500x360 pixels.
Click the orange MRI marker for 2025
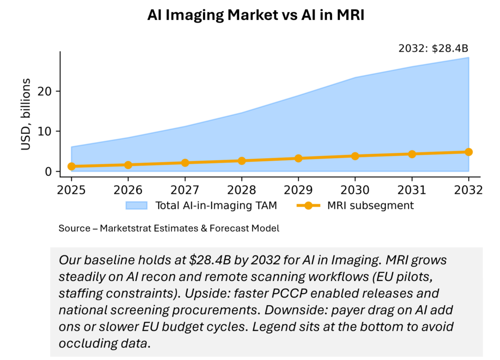[x=71, y=166]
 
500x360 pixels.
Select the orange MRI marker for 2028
[x=242, y=161]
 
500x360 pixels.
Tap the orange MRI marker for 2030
[x=355, y=156]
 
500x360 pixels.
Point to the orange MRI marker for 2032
[x=469, y=152]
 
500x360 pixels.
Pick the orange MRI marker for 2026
[x=128, y=165]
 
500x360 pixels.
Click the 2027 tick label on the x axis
[x=185, y=190]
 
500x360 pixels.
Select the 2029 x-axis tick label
[x=298, y=190]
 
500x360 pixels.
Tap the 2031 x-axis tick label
[x=412, y=190]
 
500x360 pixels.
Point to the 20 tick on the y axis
[x=47, y=91]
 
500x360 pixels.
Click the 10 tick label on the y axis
[x=47, y=131]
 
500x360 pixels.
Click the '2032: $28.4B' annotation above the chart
[x=434, y=49]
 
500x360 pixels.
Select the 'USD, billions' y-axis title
[x=25, y=114]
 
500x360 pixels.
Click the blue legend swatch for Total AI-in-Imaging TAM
[x=137, y=206]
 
